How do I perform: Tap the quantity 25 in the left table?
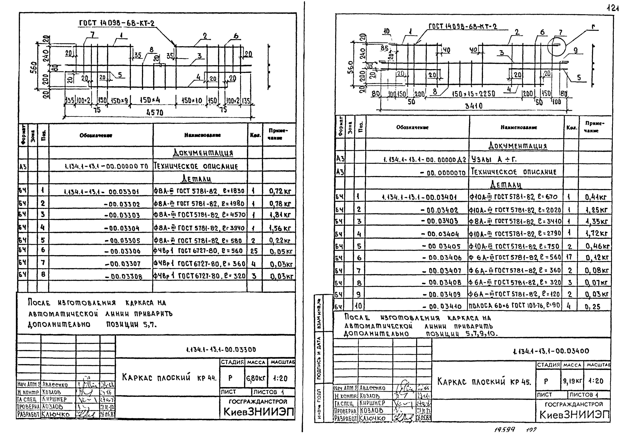pyautogui.click(x=254, y=251)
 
